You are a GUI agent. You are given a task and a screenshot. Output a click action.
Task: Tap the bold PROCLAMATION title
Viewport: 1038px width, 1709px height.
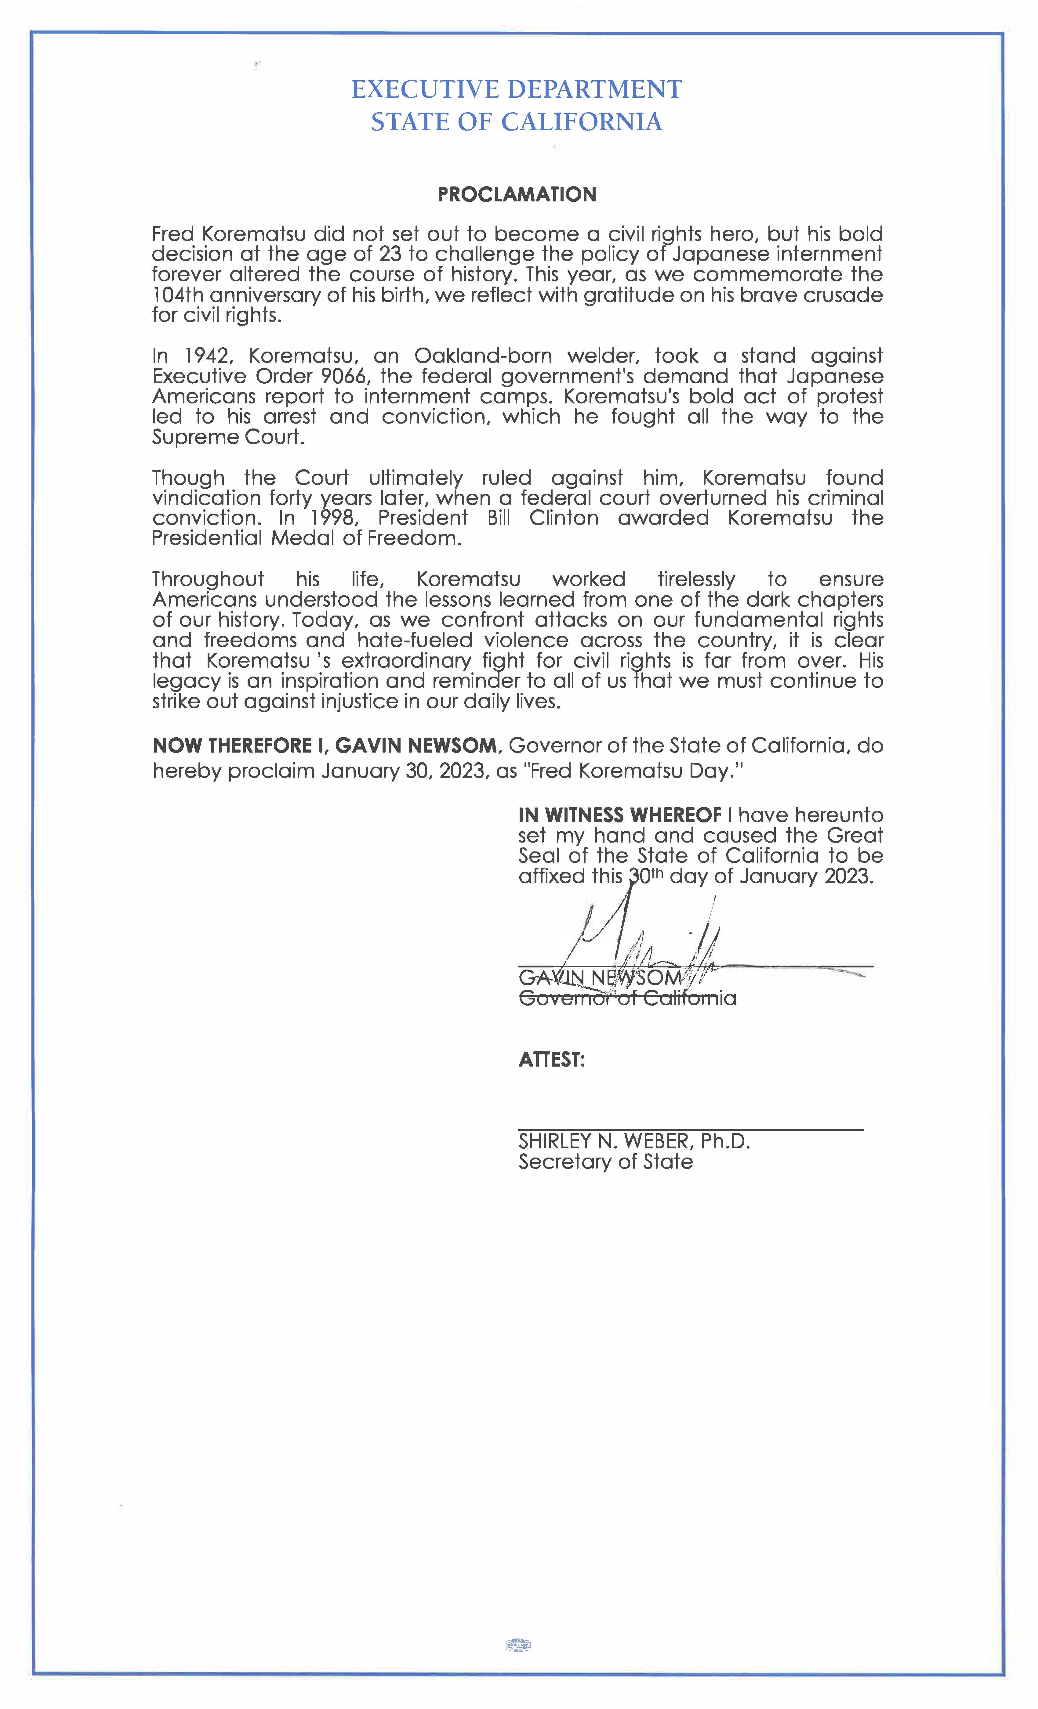click(517, 194)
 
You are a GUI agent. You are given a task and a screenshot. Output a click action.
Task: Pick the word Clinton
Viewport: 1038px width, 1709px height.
click(563, 518)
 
